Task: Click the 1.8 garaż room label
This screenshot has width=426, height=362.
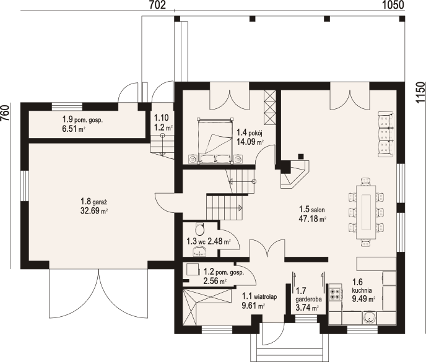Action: point(93,202)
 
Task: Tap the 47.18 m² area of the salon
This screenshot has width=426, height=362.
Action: point(313,219)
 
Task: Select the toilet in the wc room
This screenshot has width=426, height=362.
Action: point(199,229)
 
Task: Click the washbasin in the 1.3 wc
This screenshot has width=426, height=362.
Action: point(199,251)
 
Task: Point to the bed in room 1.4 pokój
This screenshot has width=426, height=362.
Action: point(215,141)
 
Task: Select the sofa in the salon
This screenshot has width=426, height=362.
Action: point(386,134)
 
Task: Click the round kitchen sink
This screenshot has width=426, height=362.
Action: point(370,317)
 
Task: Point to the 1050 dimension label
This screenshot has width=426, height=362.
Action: point(393,5)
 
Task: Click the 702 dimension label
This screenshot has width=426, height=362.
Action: point(157,5)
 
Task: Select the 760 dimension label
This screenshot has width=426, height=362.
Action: point(5,113)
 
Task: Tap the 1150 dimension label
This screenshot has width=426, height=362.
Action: point(420,92)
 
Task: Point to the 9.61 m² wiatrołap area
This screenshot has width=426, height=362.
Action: point(253,306)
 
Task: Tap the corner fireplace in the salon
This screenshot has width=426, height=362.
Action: point(295,174)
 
